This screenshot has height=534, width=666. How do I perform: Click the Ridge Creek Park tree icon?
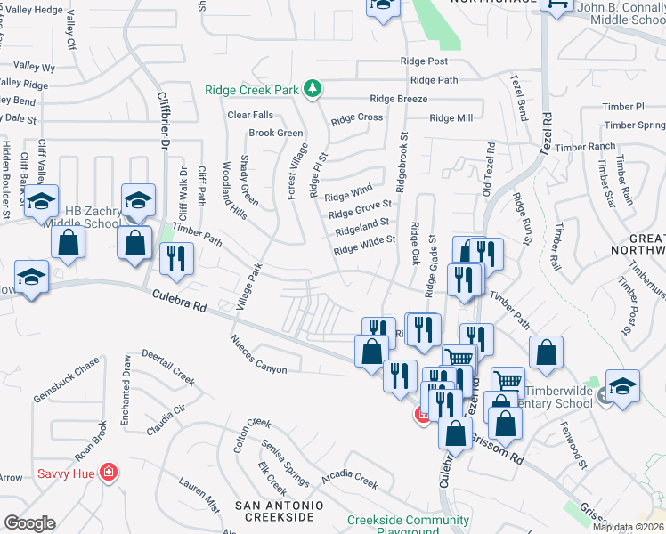313,88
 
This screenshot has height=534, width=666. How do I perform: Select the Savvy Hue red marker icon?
108,471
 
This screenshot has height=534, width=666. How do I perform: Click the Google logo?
28,522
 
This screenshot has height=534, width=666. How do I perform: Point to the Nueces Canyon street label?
258,353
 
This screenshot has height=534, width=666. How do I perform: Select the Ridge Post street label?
425,61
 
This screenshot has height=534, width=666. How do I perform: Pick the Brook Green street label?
276,133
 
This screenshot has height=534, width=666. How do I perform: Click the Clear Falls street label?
251,115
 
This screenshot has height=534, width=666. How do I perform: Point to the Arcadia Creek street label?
350,479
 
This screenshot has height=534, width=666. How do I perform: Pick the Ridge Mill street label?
451,117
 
